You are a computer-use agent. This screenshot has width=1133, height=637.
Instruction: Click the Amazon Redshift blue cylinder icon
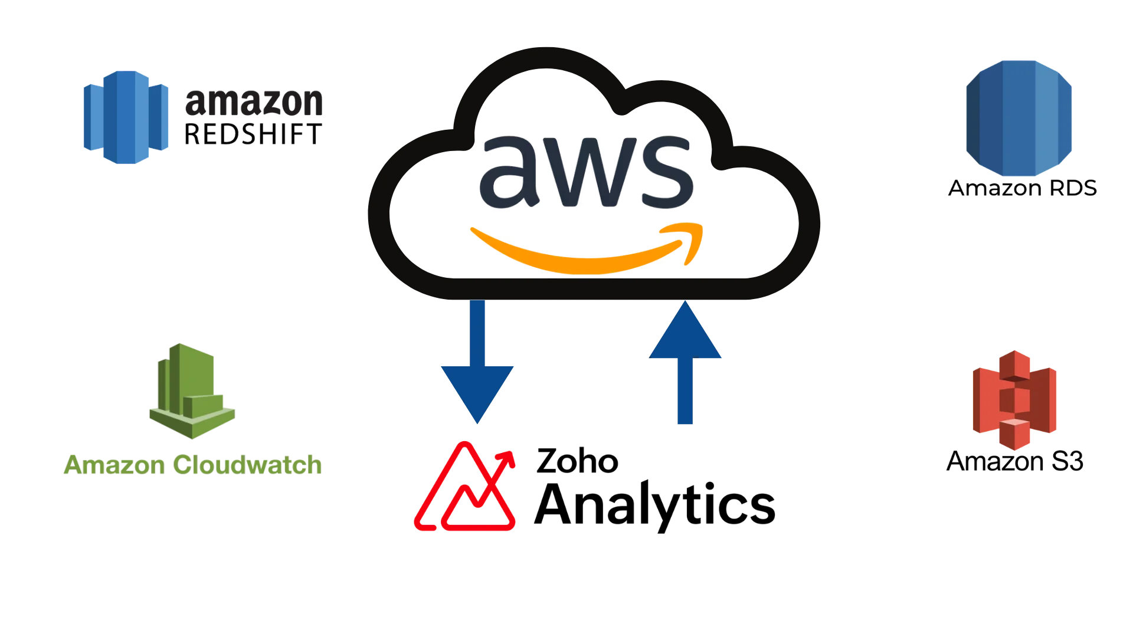click(x=125, y=116)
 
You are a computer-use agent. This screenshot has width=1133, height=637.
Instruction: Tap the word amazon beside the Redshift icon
click(x=254, y=103)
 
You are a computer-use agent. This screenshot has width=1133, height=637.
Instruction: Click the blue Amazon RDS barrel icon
click(x=1019, y=117)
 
